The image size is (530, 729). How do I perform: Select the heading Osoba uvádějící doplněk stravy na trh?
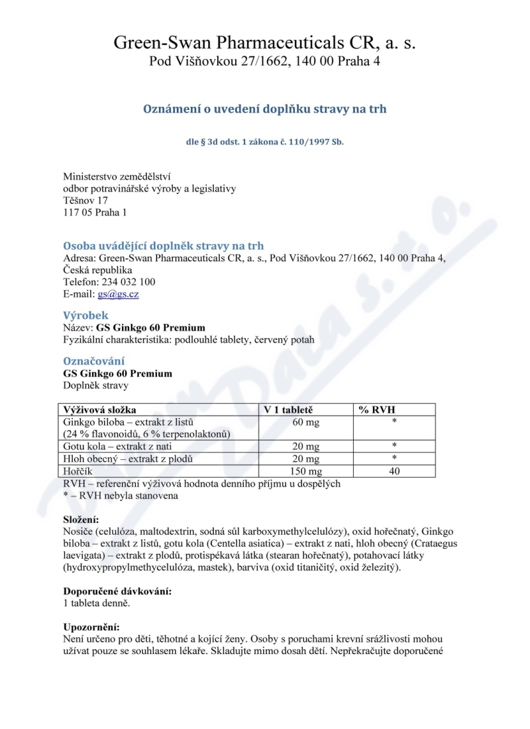[163, 245]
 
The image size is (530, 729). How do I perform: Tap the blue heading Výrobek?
[85, 315]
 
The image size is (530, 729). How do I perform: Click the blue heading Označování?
[93, 361]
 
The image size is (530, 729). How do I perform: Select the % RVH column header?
[377, 410]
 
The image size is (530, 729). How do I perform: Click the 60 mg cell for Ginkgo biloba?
[305, 422]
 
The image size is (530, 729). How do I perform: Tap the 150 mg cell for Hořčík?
[305, 471]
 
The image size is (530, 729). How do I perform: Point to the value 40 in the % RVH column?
[394, 471]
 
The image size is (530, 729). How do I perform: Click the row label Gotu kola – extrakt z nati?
[119, 447]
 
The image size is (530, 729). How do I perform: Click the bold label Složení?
[81, 519]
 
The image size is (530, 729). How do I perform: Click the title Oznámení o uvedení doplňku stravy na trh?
[265, 109]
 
